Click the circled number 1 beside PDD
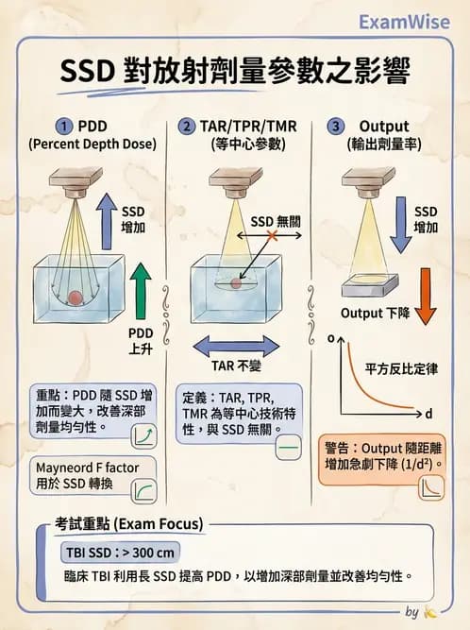coord(64,127)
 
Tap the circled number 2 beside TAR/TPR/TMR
coord(187,127)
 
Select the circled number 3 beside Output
coord(334,127)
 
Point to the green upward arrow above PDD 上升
coord(141,290)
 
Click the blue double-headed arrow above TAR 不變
coord(235,345)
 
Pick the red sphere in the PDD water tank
coord(75,298)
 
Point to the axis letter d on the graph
coord(428,414)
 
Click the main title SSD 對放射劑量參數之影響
coord(235,71)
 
